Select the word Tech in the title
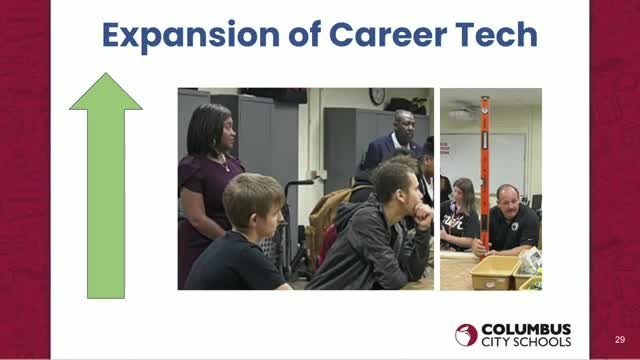click(494, 35)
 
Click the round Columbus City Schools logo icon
click(466, 335)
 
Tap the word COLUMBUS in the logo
click(526, 328)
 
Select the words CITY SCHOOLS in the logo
click(526, 343)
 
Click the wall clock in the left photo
click(377, 97)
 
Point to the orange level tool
click(484, 170)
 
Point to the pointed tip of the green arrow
click(106, 75)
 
